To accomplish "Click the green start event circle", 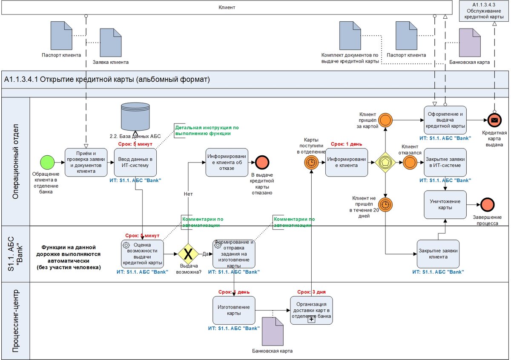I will (48, 162).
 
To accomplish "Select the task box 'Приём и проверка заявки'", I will (86, 162).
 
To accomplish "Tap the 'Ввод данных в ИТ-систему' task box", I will (135, 162).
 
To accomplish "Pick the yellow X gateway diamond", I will (188, 254).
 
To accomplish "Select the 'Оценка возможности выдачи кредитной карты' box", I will (142, 254).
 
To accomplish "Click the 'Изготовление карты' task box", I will (234, 310).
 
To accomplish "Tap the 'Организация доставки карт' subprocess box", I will (311, 310).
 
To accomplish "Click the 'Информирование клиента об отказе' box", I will (227, 162).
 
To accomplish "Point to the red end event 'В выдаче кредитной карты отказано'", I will (261, 162).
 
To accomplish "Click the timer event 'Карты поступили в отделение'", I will (311, 162).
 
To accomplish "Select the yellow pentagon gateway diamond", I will (385, 162).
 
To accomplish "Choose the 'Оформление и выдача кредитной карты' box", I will (445, 120).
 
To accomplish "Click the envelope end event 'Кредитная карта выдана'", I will (494, 120).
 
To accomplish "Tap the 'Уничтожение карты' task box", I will (445, 205).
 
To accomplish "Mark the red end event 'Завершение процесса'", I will (487, 205).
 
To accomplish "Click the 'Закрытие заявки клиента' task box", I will (438, 254).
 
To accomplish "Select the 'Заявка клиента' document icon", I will (110, 43).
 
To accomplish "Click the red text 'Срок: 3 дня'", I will (311, 292).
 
